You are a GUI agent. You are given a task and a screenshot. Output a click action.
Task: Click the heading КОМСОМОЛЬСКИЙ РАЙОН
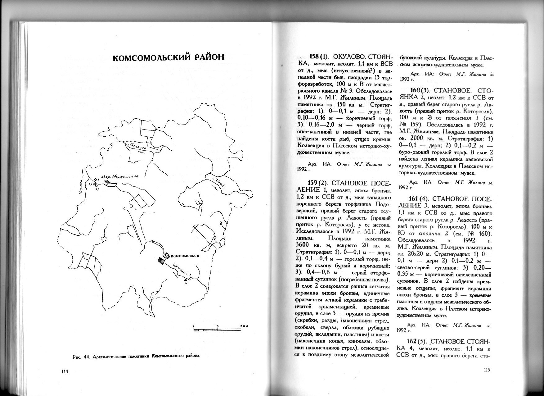coord(168,58)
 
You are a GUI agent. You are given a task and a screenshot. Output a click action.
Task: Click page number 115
coord(486,370)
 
